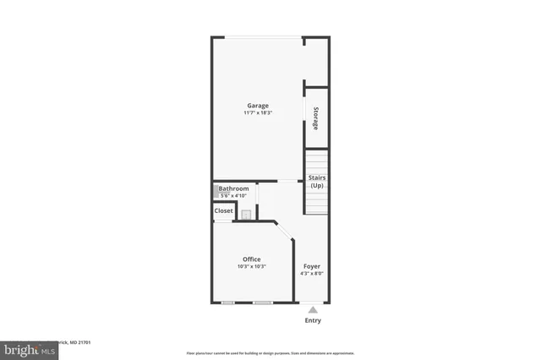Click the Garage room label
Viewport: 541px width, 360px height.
(257, 106)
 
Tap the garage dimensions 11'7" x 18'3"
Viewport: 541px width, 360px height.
(257, 113)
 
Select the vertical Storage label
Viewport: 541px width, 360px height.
(316, 118)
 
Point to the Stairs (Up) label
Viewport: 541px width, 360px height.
(316, 181)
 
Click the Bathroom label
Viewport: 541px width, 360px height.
(235, 188)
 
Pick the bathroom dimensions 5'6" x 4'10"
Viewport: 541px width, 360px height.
(235, 195)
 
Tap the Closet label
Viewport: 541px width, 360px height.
(224, 210)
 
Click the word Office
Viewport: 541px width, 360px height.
(252, 259)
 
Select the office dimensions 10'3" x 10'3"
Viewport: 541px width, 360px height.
(252, 267)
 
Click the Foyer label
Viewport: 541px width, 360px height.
(312, 266)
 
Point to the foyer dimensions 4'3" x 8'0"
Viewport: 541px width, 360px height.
(312, 274)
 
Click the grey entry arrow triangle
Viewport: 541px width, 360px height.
(312, 310)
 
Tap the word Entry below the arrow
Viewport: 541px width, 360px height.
(312, 321)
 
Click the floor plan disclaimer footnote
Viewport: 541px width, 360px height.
(270, 352)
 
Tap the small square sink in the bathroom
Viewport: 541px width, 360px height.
(246, 215)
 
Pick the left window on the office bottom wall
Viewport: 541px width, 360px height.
(227, 303)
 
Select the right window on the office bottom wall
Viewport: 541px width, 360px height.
(262, 303)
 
